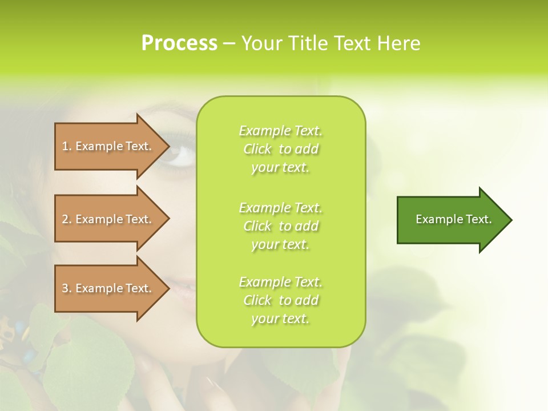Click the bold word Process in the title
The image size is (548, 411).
click(179, 43)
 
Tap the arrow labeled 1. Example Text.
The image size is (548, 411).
click(108, 146)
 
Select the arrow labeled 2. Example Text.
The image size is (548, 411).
click(108, 219)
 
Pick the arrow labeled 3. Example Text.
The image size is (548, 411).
click(108, 288)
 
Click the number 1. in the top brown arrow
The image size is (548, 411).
click(67, 146)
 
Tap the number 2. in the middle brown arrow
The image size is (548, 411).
click(67, 219)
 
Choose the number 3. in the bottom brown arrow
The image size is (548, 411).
click(67, 288)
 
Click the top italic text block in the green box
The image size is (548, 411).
click(280, 149)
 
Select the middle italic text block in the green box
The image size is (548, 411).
click(280, 225)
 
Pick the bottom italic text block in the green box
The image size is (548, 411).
click(280, 300)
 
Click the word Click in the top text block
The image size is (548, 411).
click(257, 149)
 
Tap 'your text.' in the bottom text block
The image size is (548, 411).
click(280, 319)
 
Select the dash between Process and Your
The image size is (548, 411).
click(229, 44)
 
